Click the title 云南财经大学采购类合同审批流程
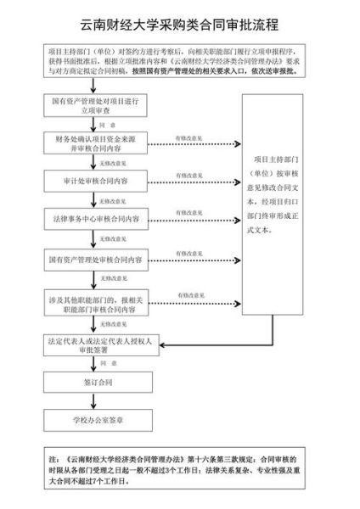[180, 25]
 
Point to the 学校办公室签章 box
[100, 419]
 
